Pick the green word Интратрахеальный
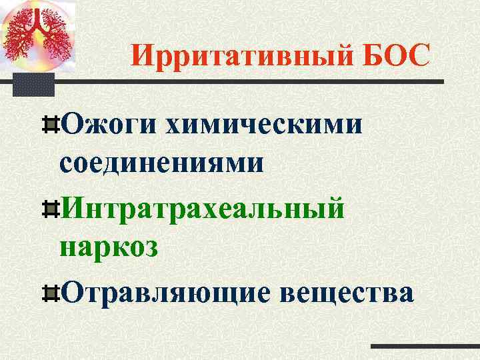(x=203, y=208)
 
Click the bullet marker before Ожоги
(x=53, y=123)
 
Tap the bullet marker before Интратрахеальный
(x=53, y=208)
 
